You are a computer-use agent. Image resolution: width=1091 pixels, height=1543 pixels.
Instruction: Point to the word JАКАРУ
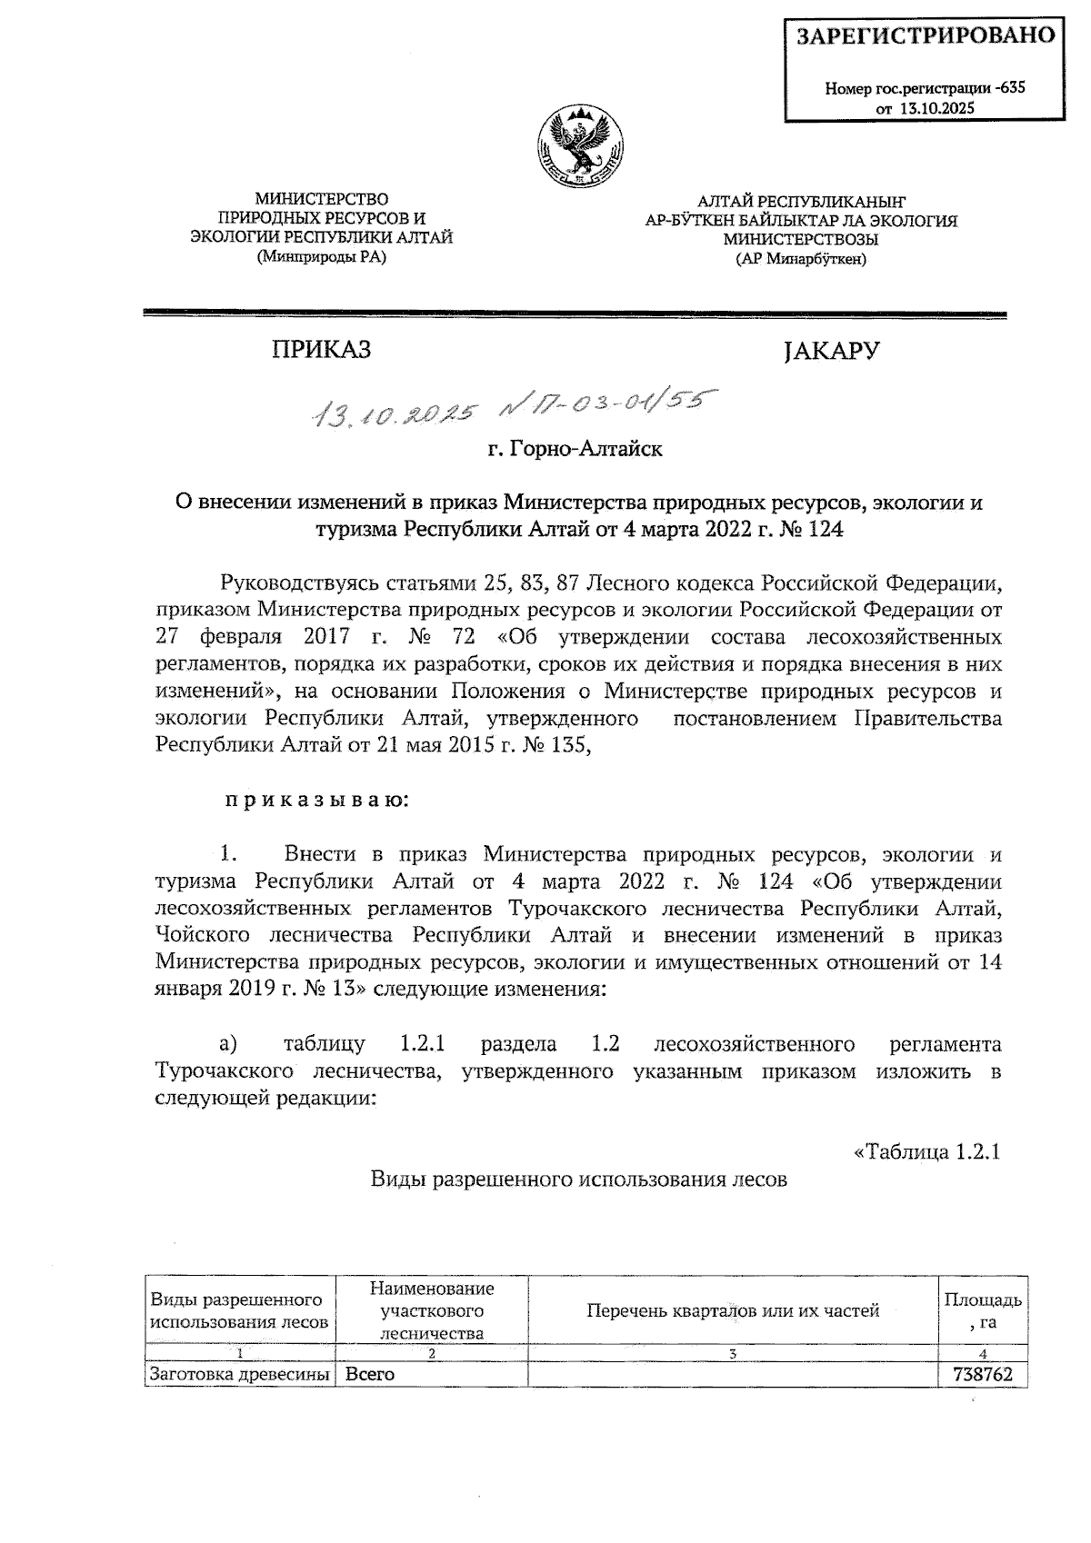830,351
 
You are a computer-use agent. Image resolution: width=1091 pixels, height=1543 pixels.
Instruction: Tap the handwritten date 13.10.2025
394,414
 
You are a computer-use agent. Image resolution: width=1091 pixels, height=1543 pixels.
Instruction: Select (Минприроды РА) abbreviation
321,258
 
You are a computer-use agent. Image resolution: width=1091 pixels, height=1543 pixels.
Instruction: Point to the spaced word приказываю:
316,801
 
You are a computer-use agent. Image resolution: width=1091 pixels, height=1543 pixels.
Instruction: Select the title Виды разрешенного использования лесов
578,1180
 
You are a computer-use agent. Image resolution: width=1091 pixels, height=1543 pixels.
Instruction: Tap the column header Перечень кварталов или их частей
733,1310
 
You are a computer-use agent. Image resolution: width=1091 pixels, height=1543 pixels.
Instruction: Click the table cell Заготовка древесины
239,1375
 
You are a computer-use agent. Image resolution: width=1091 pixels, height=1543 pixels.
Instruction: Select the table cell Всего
370,1375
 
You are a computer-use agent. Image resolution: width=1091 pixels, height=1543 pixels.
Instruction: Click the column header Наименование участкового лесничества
432,1310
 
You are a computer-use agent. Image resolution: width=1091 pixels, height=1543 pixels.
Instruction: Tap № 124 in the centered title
811,530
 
